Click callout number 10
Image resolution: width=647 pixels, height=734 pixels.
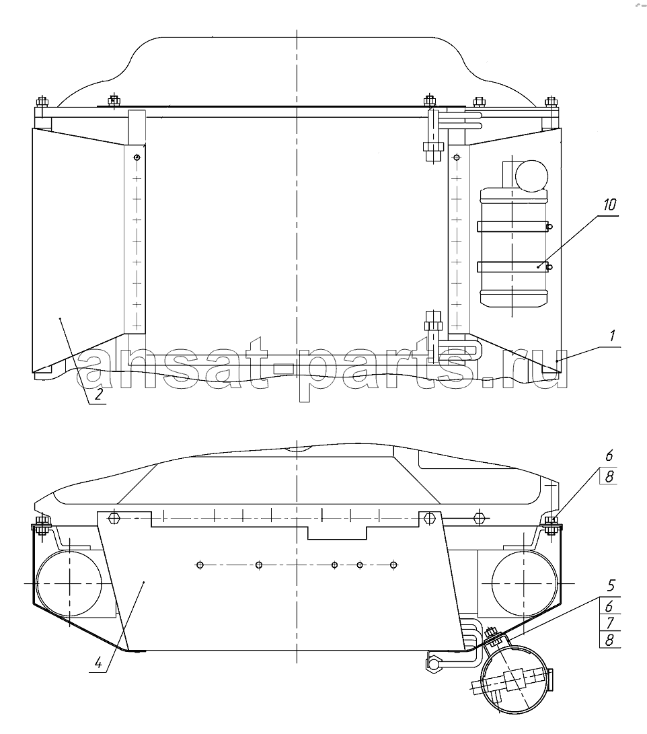(609, 205)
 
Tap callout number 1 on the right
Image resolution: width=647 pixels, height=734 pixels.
(611, 336)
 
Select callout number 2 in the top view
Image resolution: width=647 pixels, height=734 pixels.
(98, 395)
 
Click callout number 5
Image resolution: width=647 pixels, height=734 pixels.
(611, 585)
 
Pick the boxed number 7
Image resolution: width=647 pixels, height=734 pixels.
(609, 623)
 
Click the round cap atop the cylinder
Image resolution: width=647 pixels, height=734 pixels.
(531, 176)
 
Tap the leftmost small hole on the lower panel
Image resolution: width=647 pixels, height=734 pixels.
(200, 565)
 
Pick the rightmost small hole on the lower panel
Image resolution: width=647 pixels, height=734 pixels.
(393, 565)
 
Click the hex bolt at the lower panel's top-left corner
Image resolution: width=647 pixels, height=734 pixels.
(114, 518)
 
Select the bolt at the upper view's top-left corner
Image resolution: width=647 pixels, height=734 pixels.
(41, 102)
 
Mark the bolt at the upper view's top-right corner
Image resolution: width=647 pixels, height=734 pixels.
(551, 102)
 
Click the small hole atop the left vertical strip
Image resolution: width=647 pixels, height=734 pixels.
(137, 157)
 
